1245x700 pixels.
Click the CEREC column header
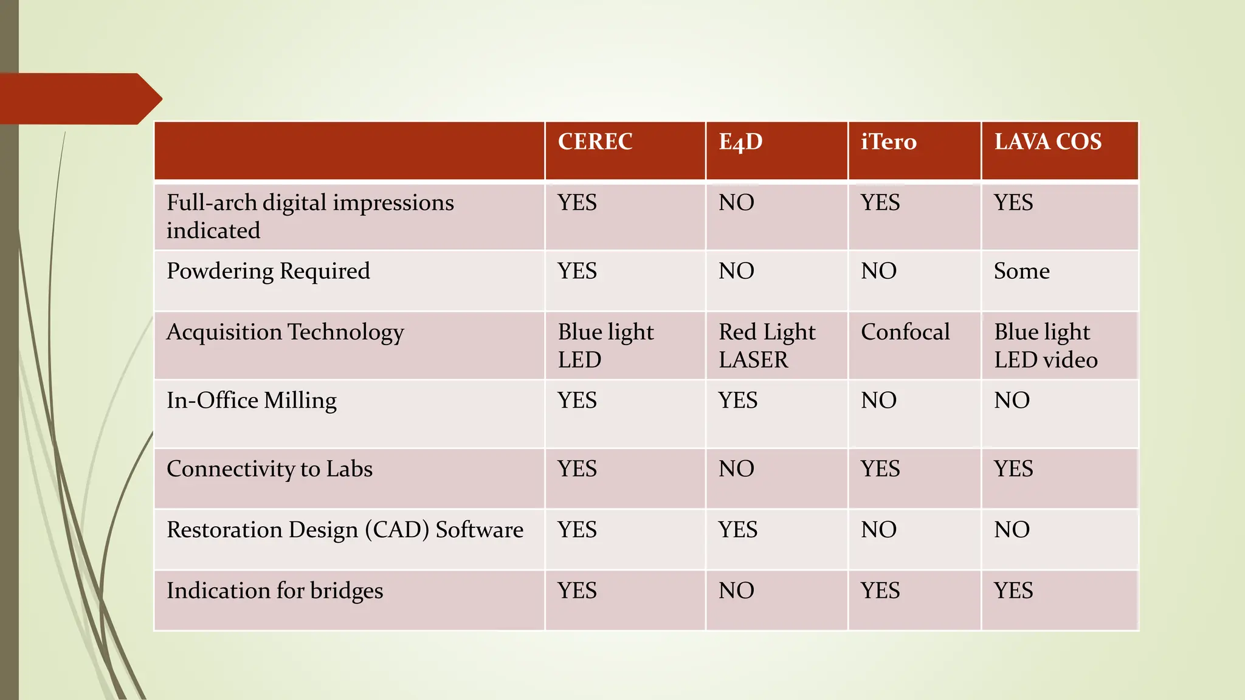(x=595, y=142)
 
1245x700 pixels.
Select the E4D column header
(x=740, y=142)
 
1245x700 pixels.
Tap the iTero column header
(x=888, y=142)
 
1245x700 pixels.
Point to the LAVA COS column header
(x=1047, y=142)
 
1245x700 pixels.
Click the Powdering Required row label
(x=268, y=271)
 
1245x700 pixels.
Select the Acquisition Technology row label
(x=285, y=332)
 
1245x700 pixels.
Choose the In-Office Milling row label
(x=252, y=400)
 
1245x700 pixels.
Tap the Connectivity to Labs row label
(x=269, y=469)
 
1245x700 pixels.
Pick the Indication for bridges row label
(x=275, y=591)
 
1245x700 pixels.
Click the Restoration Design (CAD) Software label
(x=345, y=530)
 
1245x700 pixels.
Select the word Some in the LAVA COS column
(x=1021, y=271)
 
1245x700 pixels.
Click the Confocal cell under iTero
(x=905, y=332)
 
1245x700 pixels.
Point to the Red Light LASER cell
(x=767, y=346)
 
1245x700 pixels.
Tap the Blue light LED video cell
(x=1046, y=346)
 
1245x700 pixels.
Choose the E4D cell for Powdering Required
(x=736, y=271)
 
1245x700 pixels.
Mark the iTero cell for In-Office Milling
(x=878, y=400)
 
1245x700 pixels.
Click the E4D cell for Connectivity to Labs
(x=736, y=469)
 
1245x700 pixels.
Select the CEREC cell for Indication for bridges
(x=577, y=591)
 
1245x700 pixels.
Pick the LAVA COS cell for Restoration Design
(x=1012, y=530)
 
